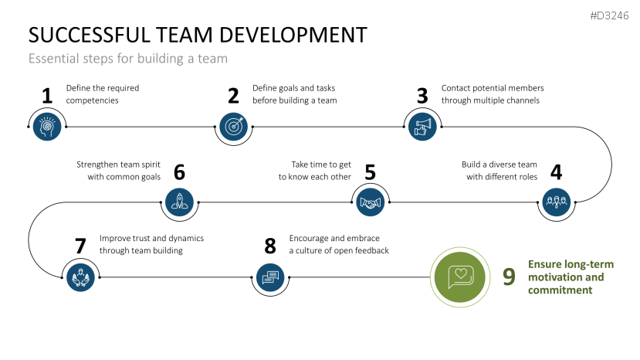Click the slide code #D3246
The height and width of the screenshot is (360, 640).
[610, 15]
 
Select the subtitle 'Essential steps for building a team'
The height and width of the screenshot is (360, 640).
[128, 58]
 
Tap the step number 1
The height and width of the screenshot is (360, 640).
[47, 96]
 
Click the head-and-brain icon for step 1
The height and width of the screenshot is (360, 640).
[47, 125]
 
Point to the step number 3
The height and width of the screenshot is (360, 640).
[422, 96]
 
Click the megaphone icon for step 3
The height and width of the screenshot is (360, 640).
[422, 125]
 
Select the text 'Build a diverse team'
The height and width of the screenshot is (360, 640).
[499, 165]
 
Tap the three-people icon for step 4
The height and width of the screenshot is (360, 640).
[556, 202]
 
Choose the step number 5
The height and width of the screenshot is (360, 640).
[370, 172]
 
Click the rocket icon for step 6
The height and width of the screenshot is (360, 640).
[179, 202]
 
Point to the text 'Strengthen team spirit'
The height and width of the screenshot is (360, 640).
[118, 165]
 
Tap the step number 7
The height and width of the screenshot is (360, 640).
[80, 246]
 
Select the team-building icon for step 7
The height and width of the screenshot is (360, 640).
[80, 276]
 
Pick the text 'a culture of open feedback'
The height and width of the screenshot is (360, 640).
[339, 250]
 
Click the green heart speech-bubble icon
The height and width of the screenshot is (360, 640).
[461, 276]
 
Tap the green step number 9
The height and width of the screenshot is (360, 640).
[509, 277]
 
